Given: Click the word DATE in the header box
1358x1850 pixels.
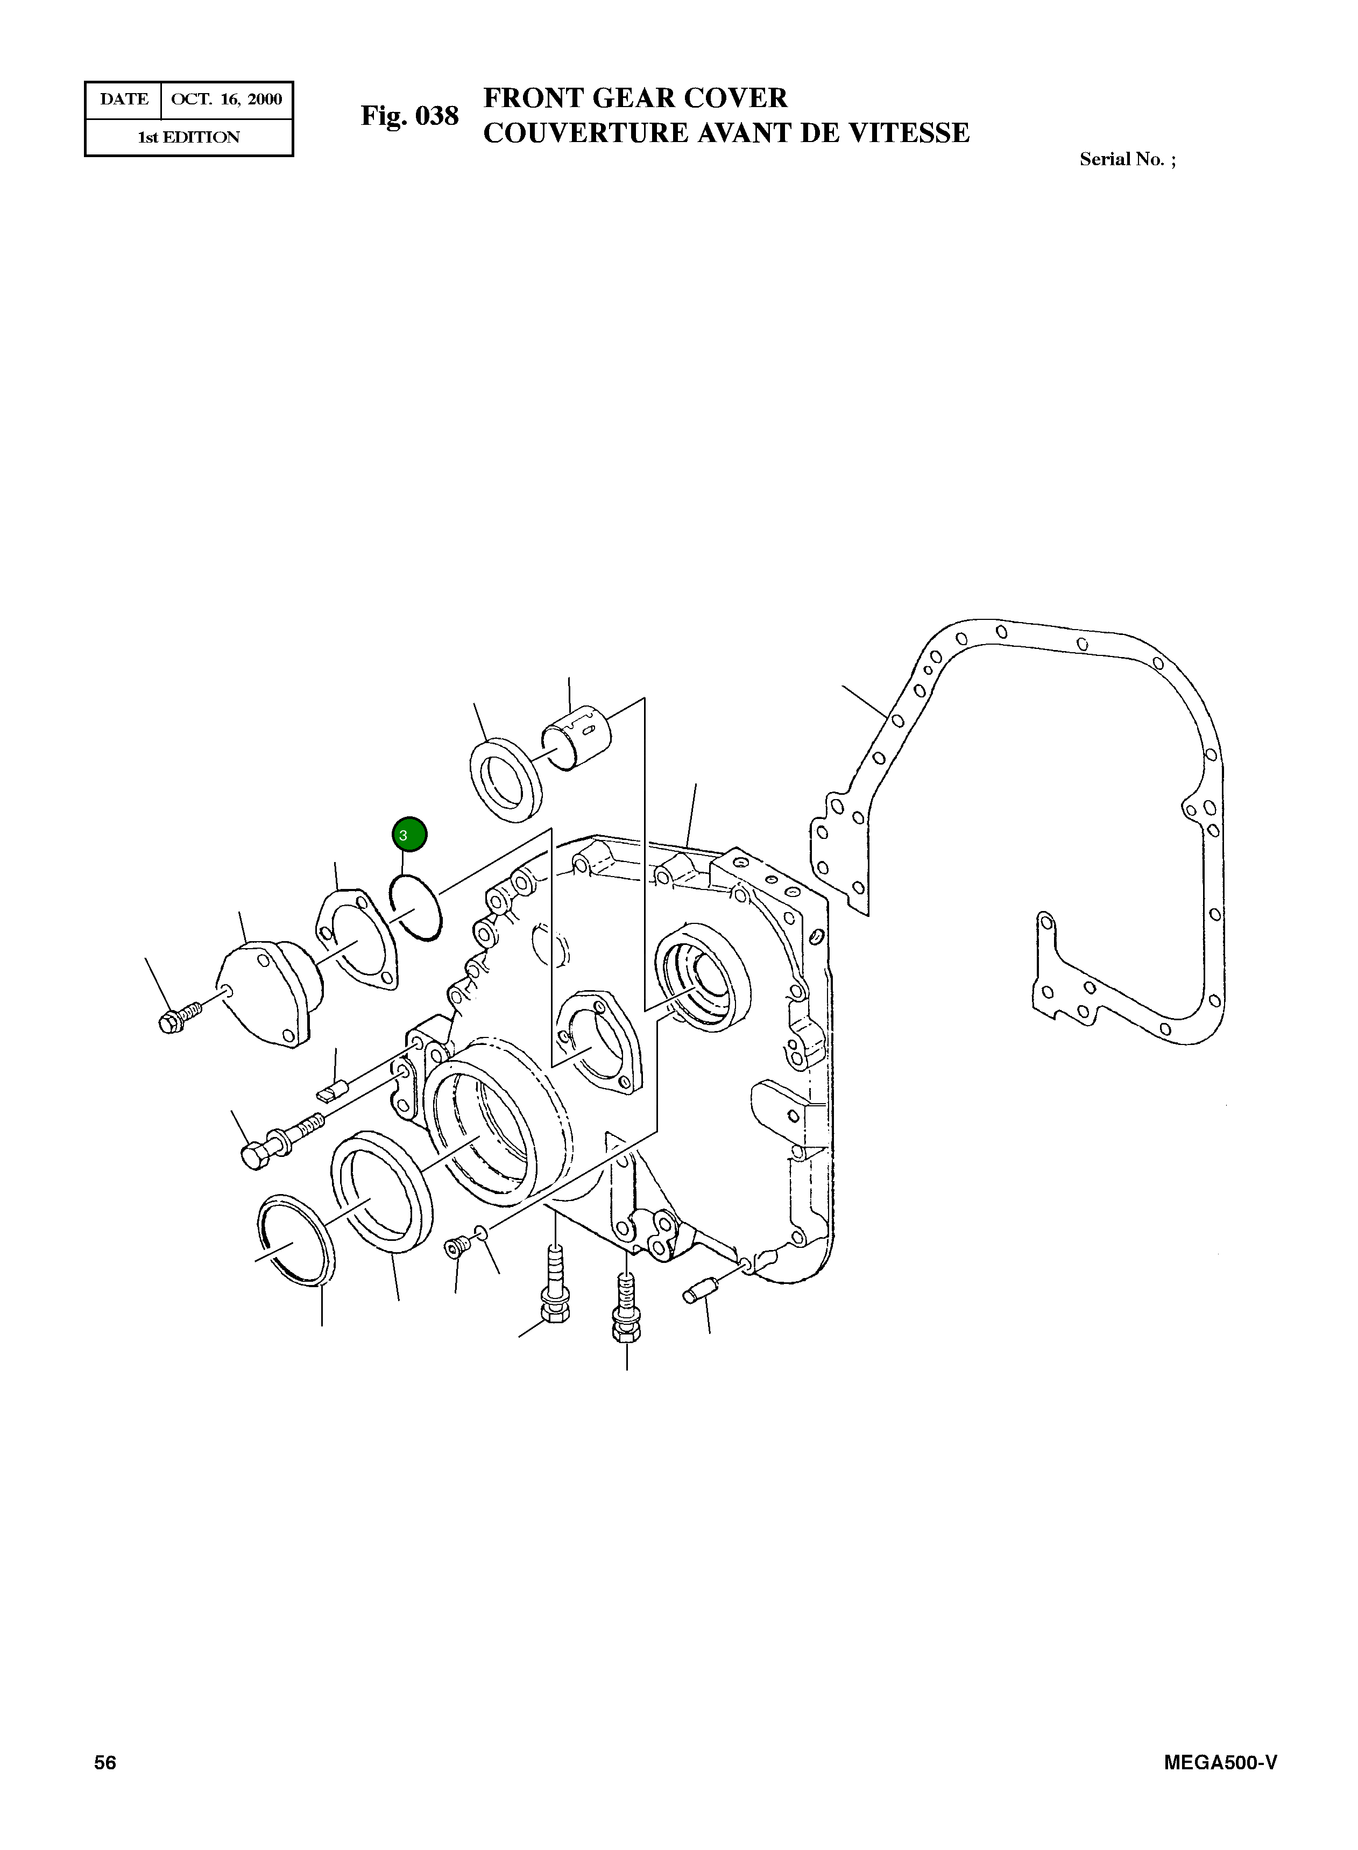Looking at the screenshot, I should (x=124, y=100).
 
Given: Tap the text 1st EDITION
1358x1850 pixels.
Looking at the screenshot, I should (x=188, y=137).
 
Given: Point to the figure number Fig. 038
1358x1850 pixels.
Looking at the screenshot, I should (x=409, y=116).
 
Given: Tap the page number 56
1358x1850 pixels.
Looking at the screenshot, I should (x=105, y=1762).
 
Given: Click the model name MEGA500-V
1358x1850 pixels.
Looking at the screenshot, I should (x=1220, y=1762).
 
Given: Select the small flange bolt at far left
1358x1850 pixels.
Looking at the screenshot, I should (x=181, y=1016).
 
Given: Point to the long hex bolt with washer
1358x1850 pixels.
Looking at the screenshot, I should (x=277, y=1140).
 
